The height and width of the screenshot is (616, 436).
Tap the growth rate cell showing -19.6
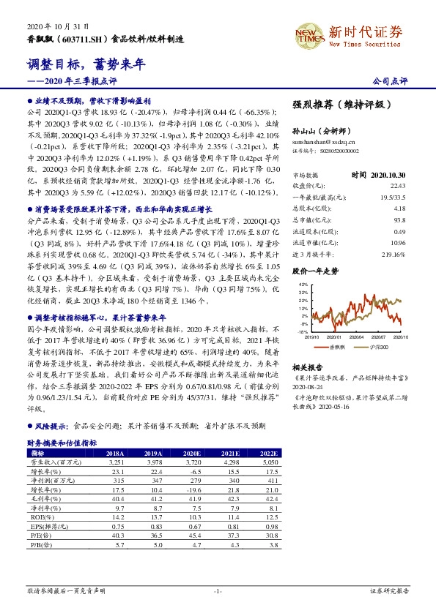[194, 489]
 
